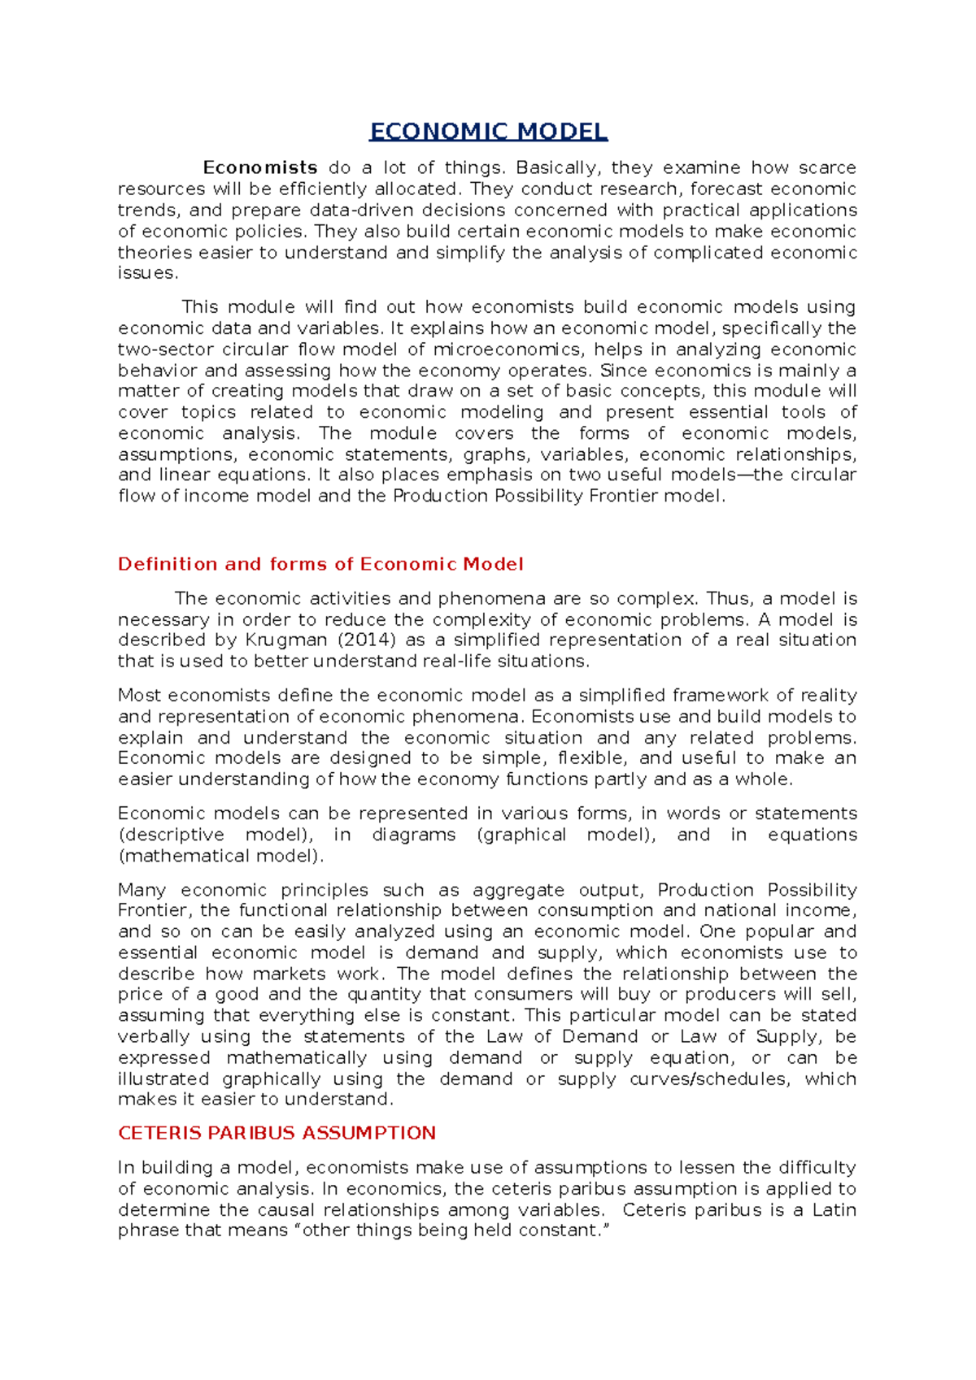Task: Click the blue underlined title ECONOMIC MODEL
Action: point(488,132)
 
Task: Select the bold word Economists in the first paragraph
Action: point(260,167)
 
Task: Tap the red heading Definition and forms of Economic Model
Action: point(320,564)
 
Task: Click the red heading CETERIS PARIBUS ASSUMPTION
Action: point(277,1133)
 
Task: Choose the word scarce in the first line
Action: point(827,168)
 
